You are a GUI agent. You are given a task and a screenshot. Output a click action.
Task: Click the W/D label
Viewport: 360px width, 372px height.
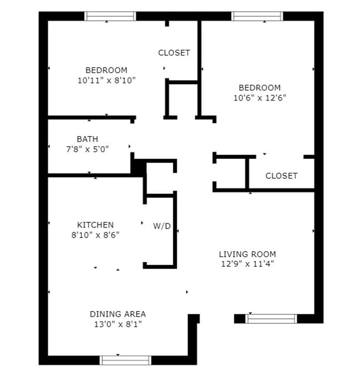point(162,226)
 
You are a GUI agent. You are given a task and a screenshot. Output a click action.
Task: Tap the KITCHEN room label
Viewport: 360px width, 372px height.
point(95,225)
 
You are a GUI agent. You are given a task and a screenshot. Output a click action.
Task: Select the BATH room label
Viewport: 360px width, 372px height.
point(87,139)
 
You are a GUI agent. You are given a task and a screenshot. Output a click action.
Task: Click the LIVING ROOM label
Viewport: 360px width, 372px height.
point(247,254)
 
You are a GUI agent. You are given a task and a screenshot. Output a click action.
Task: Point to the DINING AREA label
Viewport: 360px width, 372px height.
point(119,314)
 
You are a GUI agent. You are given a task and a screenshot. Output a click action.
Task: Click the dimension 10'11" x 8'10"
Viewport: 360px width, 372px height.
point(107,80)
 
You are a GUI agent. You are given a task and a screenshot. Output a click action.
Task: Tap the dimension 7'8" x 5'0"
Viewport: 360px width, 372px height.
point(87,148)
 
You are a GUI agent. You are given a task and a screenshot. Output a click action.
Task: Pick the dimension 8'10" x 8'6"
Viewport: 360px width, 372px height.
point(95,234)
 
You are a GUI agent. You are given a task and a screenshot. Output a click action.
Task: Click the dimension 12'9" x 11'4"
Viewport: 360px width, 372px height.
point(247,263)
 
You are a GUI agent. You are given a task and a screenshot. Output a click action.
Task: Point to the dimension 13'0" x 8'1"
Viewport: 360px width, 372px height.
point(119,323)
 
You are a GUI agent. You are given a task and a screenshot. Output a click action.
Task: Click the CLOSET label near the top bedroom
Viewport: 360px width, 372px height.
point(174,53)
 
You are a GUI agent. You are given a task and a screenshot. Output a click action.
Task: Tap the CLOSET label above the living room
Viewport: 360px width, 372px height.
point(281,176)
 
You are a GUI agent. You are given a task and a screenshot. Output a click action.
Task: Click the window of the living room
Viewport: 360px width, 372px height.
point(271,318)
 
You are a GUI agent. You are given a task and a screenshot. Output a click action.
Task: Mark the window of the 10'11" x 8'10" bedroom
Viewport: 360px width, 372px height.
point(110,16)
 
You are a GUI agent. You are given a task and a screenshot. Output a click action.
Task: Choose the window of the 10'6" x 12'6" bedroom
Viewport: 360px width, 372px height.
point(257,16)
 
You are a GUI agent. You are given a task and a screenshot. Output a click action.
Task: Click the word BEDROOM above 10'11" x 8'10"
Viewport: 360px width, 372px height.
point(106,70)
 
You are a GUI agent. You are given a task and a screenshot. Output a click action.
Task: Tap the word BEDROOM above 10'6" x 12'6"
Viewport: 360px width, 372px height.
point(259,87)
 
